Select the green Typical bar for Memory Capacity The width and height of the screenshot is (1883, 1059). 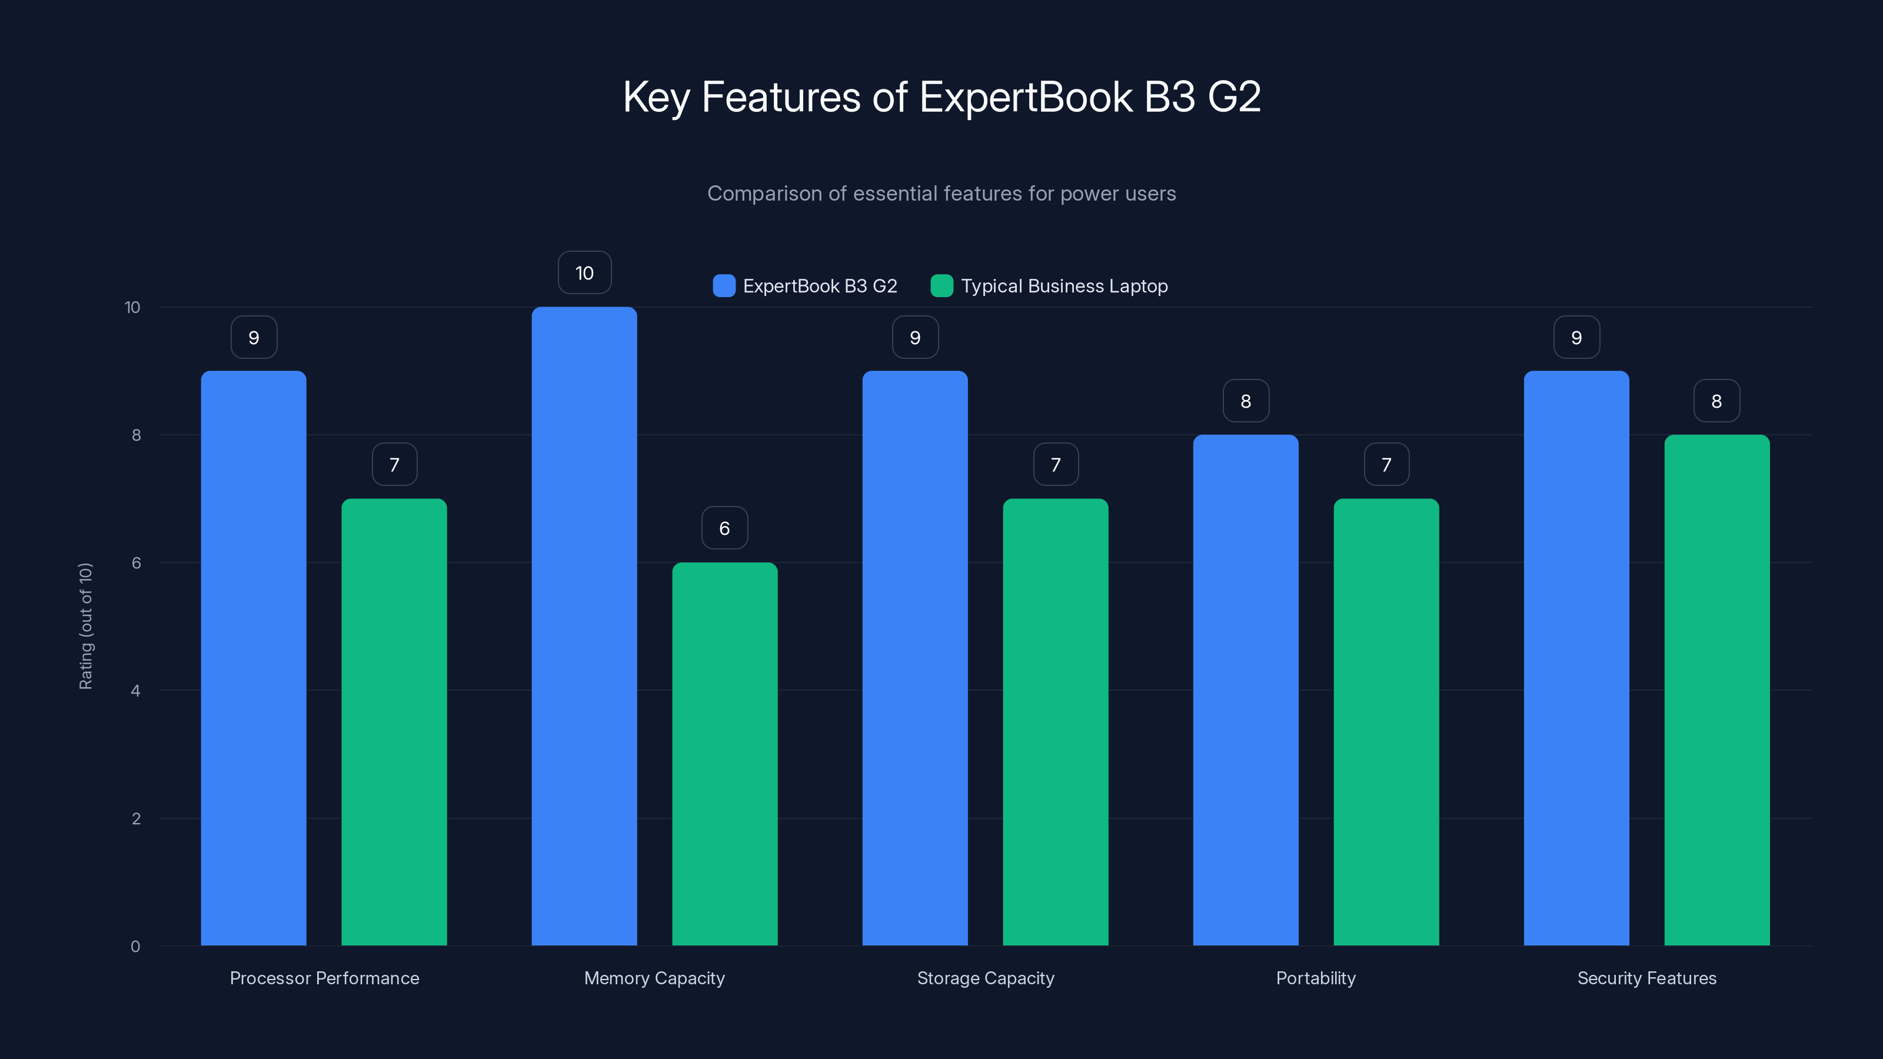tap(724, 754)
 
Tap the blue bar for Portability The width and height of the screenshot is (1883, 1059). tap(1246, 690)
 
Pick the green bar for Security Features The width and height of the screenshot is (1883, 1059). tap(1716, 690)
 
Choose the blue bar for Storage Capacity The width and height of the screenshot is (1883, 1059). tap(914, 658)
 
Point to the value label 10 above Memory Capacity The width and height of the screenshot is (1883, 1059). tap(584, 272)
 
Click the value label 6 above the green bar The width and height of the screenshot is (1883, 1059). tap(724, 528)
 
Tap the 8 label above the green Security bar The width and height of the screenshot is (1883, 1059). tap(1716, 401)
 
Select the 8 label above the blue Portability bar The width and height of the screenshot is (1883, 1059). tap(1246, 401)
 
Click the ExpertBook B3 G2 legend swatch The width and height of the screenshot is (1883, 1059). tap(724, 286)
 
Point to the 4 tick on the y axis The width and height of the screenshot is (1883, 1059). tap(136, 691)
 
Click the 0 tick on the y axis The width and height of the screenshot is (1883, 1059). tap(136, 947)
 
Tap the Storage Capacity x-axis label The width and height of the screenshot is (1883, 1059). tap(986, 978)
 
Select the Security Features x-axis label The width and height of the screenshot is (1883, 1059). tap(1646, 978)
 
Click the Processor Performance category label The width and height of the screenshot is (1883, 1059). tap(325, 978)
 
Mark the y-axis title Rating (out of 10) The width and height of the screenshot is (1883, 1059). tap(85, 625)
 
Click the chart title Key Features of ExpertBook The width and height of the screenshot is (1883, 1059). tap(941, 96)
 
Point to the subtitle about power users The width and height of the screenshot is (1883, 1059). tap(941, 193)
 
